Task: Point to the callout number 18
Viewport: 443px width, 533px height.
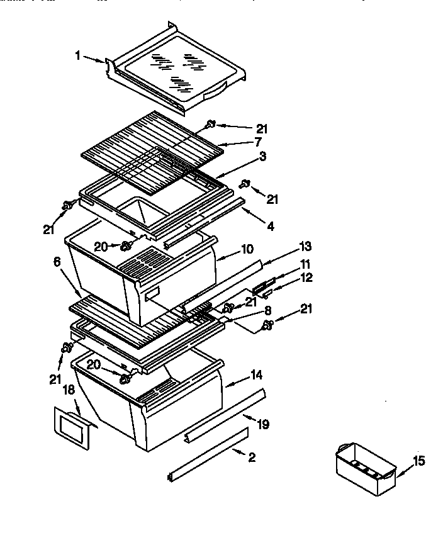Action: tap(69, 390)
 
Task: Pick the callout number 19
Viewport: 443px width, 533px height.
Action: tap(263, 424)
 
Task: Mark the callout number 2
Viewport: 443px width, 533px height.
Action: tap(252, 457)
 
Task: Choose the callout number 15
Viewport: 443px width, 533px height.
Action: tap(418, 461)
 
